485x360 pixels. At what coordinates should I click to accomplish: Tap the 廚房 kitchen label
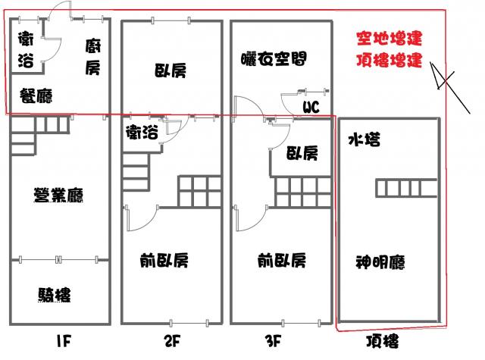pyautogui.click(x=92, y=57)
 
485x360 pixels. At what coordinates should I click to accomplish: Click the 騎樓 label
pyautogui.click(x=58, y=294)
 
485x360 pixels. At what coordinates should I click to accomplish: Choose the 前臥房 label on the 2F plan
pyautogui.click(x=164, y=261)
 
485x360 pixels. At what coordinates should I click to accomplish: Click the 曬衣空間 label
pyautogui.click(x=274, y=58)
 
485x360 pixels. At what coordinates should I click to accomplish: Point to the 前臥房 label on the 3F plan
pyautogui.click(x=281, y=261)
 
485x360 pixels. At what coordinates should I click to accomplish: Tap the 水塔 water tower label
pyautogui.click(x=364, y=139)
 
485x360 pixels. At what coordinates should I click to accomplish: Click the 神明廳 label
pyautogui.click(x=380, y=263)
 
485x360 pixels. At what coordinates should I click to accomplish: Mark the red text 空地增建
pyautogui.click(x=390, y=37)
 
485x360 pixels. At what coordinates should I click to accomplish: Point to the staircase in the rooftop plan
pyautogui.click(x=406, y=187)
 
